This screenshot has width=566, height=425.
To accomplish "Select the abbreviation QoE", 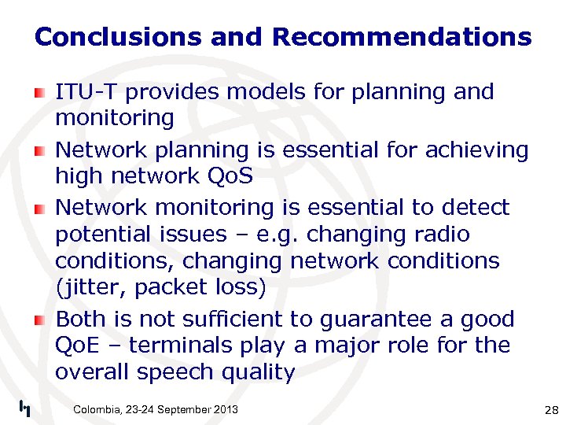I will tap(76, 346).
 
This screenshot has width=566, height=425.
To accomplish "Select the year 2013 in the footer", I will tap(224, 409).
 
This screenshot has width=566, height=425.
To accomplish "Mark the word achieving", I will tap(478, 150).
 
